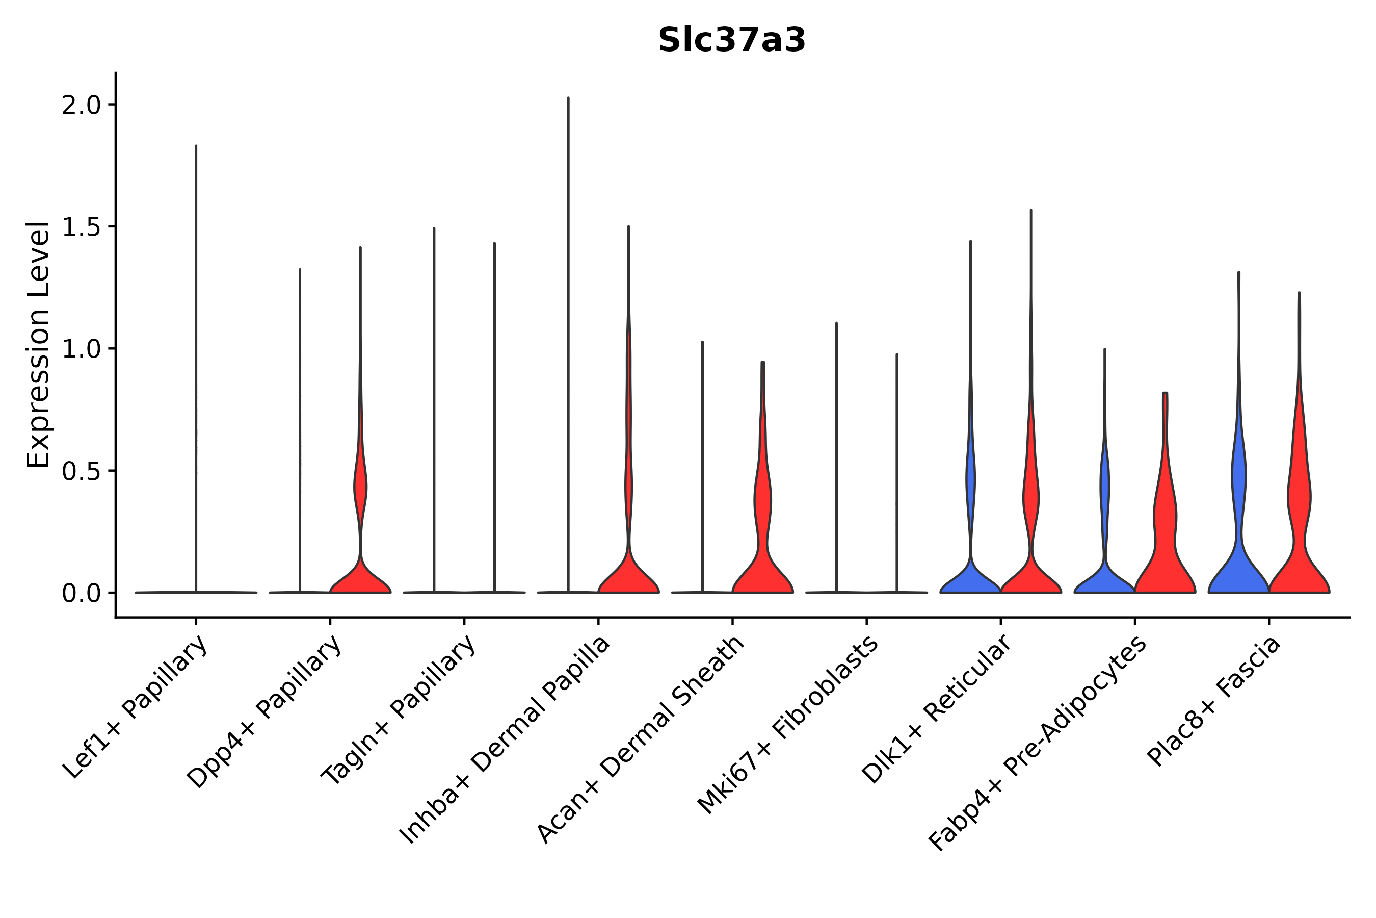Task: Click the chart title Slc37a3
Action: tap(731, 40)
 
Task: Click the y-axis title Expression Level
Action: tap(37, 344)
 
